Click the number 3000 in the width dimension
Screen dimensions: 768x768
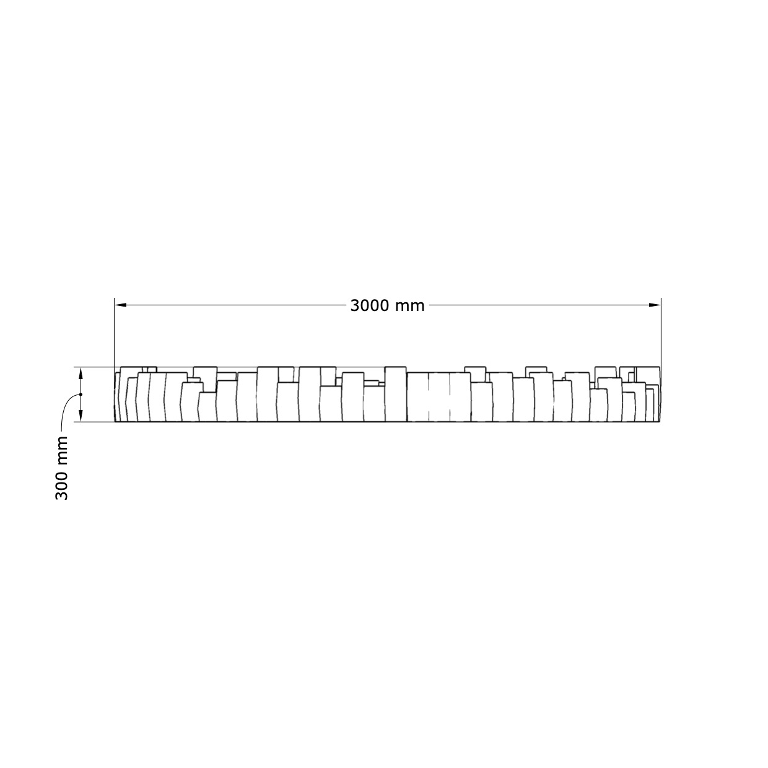tap(370, 306)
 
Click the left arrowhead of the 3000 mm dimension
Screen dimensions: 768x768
tap(121, 305)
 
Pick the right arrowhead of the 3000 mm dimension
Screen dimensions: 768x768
tap(655, 305)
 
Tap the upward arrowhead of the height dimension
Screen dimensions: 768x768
tap(81, 373)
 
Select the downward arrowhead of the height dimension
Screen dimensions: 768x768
tap(81, 416)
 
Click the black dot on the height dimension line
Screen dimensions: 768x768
tap(81, 395)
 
